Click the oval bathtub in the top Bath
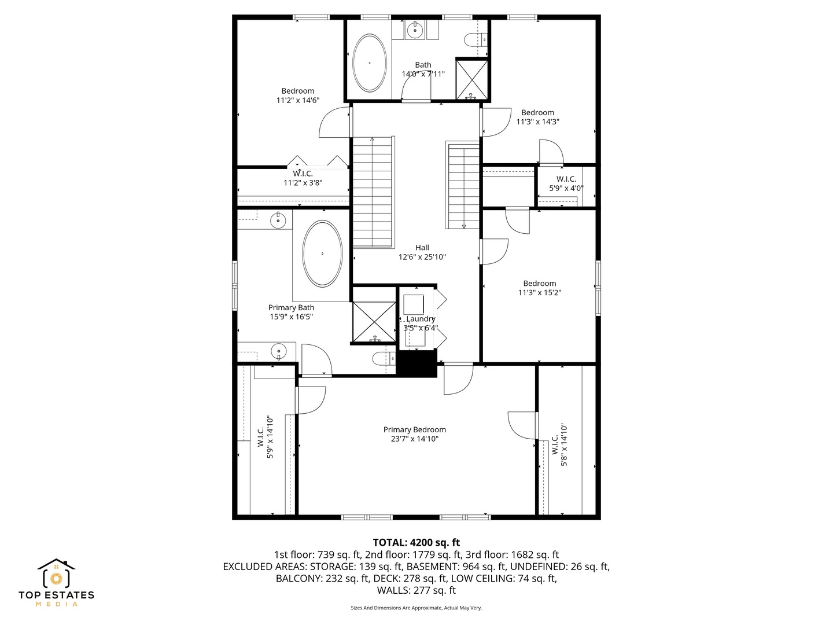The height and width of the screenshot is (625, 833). [x=369, y=63]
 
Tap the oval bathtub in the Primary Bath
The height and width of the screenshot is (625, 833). [x=322, y=253]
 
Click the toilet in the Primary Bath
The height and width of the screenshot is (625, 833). [x=384, y=358]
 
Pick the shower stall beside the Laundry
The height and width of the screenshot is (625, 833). [x=374, y=322]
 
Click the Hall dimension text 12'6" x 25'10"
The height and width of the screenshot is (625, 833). [x=422, y=257]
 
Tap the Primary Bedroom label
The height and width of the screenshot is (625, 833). [x=414, y=429]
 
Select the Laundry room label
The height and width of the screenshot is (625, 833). [x=421, y=319]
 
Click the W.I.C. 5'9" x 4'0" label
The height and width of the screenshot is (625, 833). [x=566, y=183]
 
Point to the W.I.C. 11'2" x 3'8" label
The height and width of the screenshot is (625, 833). [x=303, y=178]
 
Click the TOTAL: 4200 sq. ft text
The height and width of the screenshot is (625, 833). [x=417, y=542]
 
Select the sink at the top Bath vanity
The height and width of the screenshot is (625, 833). [x=415, y=30]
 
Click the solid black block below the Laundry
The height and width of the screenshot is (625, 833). [x=417, y=363]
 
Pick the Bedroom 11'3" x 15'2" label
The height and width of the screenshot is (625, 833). [x=539, y=288]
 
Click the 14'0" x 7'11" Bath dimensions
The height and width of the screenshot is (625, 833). [x=423, y=74]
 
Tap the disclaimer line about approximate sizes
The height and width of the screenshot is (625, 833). [x=417, y=608]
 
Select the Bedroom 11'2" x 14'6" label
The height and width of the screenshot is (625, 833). [x=298, y=95]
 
